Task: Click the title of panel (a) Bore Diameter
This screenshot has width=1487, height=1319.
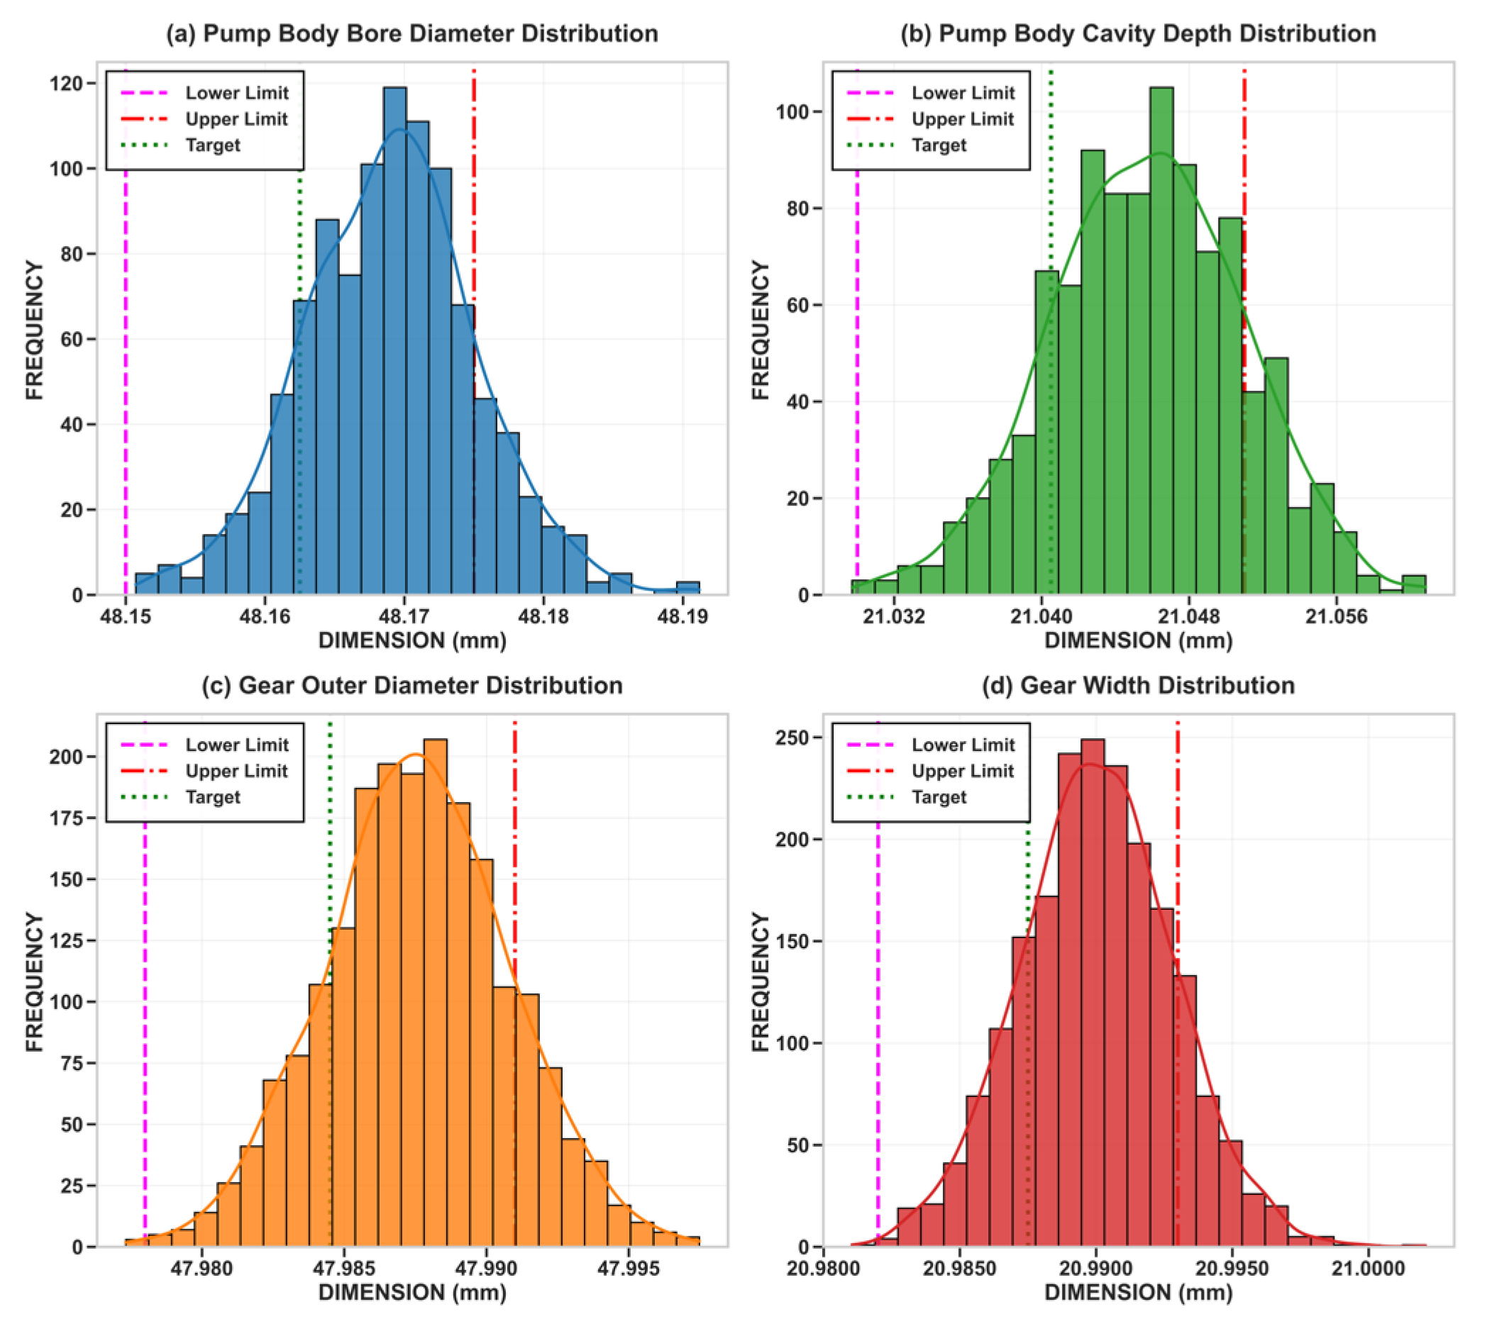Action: [x=411, y=33]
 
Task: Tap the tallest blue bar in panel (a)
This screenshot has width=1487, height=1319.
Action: [x=394, y=342]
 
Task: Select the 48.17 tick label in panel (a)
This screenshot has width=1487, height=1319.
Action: [x=404, y=618]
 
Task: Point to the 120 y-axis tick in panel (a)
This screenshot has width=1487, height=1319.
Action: [x=66, y=84]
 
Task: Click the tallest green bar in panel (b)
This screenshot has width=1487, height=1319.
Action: [x=1161, y=342]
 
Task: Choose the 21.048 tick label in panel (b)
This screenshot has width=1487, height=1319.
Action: [x=1190, y=618]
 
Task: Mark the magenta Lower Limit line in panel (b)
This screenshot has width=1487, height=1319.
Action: [x=857, y=364]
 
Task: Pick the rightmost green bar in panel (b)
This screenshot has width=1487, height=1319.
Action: [x=1413, y=586]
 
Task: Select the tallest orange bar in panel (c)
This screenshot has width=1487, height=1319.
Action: [x=435, y=996]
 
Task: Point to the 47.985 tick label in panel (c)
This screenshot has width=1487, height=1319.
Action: [x=344, y=1269]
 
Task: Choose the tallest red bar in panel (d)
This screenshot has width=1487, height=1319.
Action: [x=1093, y=996]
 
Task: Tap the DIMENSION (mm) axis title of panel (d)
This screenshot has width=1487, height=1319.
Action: [x=1139, y=1293]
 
